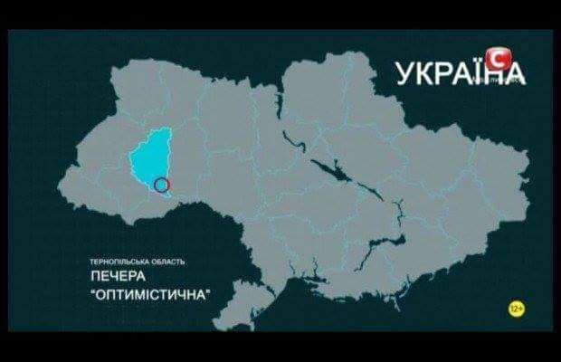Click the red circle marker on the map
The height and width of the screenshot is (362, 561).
click(x=161, y=186)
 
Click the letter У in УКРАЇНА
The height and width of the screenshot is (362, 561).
click(x=404, y=73)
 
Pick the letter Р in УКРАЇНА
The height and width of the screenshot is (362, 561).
click(x=442, y=73)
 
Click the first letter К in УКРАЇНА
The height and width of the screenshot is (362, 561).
click(x=423, y=73)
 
